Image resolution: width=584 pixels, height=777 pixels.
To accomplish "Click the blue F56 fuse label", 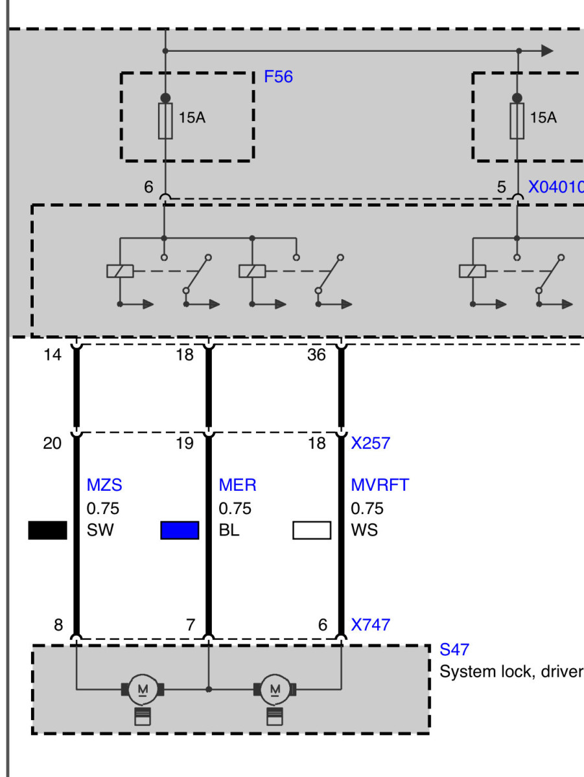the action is click(278, 77).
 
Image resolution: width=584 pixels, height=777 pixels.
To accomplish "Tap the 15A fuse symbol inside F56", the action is click(165, 120).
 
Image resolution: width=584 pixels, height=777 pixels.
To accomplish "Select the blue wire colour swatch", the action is click(180, 530).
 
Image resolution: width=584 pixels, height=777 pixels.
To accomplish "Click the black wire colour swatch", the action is click(47, 530).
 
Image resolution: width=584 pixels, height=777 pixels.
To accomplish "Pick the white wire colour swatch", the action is click(312, 530).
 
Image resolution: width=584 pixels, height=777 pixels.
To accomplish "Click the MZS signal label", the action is click(104, 484).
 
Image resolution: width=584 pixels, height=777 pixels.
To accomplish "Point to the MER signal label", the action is click(237, 484).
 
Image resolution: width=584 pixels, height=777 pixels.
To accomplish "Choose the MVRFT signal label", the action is click(380, 484).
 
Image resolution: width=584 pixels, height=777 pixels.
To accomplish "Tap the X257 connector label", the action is click(371, 443).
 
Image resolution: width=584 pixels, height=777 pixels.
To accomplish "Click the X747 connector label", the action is click(371, 624).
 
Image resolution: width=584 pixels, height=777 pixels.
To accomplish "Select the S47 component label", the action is click(454, 649).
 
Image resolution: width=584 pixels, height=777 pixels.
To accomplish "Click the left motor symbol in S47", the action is click(143, 689).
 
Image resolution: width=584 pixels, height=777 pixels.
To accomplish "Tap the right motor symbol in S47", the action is click(275, 689).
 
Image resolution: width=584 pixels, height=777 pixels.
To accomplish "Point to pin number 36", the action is click(316, 355).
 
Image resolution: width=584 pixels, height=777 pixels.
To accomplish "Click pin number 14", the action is click(53, 355).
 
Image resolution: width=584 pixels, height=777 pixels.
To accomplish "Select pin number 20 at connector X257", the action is click(53, 443).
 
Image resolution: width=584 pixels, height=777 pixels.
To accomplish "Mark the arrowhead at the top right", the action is click(547, 51).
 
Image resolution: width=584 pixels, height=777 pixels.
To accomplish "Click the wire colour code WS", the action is click(364, 530).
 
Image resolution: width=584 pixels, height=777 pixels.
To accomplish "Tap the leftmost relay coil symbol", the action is click(120, 271).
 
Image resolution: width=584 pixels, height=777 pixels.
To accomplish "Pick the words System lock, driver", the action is click(511, 671).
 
